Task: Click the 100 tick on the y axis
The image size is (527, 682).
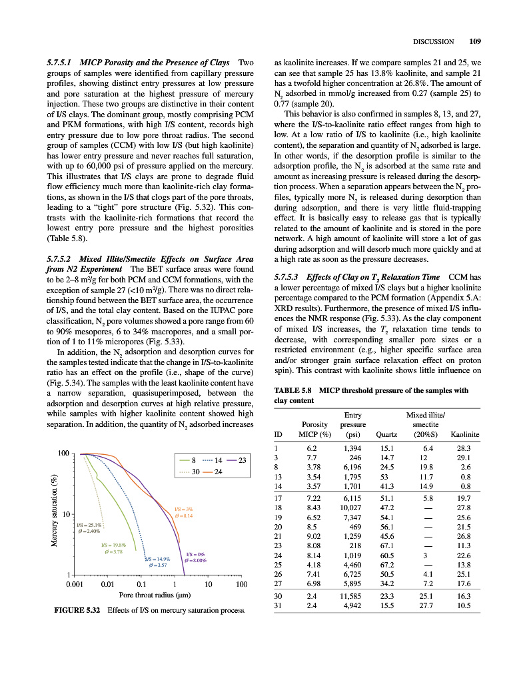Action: (x=63, y=454)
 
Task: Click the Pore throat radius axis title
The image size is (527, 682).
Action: (x=155, y=597)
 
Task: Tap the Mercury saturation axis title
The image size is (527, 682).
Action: (x=55, y=510)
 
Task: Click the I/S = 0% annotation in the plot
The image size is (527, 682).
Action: (x=195, y=554)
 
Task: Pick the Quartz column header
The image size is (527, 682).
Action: (x=386, y=435)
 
